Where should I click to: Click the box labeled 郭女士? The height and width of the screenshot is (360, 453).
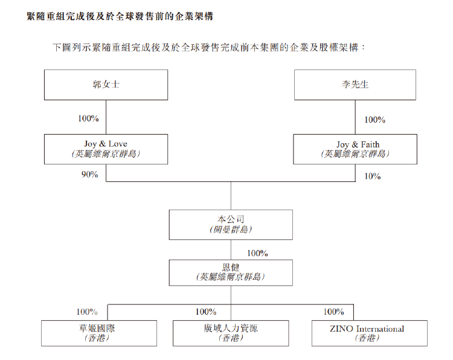point(106,85)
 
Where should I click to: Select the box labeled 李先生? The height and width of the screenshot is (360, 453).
point(355,85)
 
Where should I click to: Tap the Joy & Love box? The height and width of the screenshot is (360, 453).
point(106,149)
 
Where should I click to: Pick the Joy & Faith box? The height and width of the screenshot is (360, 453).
point(355,149)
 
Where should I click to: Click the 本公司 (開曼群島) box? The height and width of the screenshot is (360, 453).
point(231,225)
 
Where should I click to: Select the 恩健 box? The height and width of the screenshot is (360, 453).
point(231,273)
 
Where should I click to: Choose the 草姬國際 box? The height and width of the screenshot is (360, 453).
point(99,333)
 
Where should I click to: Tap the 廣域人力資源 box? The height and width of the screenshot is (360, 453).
point(231,333)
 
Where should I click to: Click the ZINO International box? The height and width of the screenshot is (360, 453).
point(370,333)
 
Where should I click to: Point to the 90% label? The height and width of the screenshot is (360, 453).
point(89,175)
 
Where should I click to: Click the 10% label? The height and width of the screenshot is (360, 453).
point(373,176)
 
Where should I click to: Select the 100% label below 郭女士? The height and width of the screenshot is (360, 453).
point(88,118)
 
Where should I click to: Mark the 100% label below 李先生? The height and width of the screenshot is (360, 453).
point(374,120)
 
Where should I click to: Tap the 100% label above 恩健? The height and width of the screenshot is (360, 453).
point(257,253)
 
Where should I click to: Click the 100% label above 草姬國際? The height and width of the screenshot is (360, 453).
point(87,312)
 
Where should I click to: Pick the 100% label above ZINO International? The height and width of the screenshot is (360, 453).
point(333,312)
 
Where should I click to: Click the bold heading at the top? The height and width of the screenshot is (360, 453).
point(120,16)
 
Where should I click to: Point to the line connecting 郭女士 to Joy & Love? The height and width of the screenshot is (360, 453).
point(106,117)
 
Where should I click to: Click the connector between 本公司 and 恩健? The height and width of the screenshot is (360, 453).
point(231,250)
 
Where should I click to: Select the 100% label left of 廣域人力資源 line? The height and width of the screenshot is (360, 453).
point(206,312)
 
